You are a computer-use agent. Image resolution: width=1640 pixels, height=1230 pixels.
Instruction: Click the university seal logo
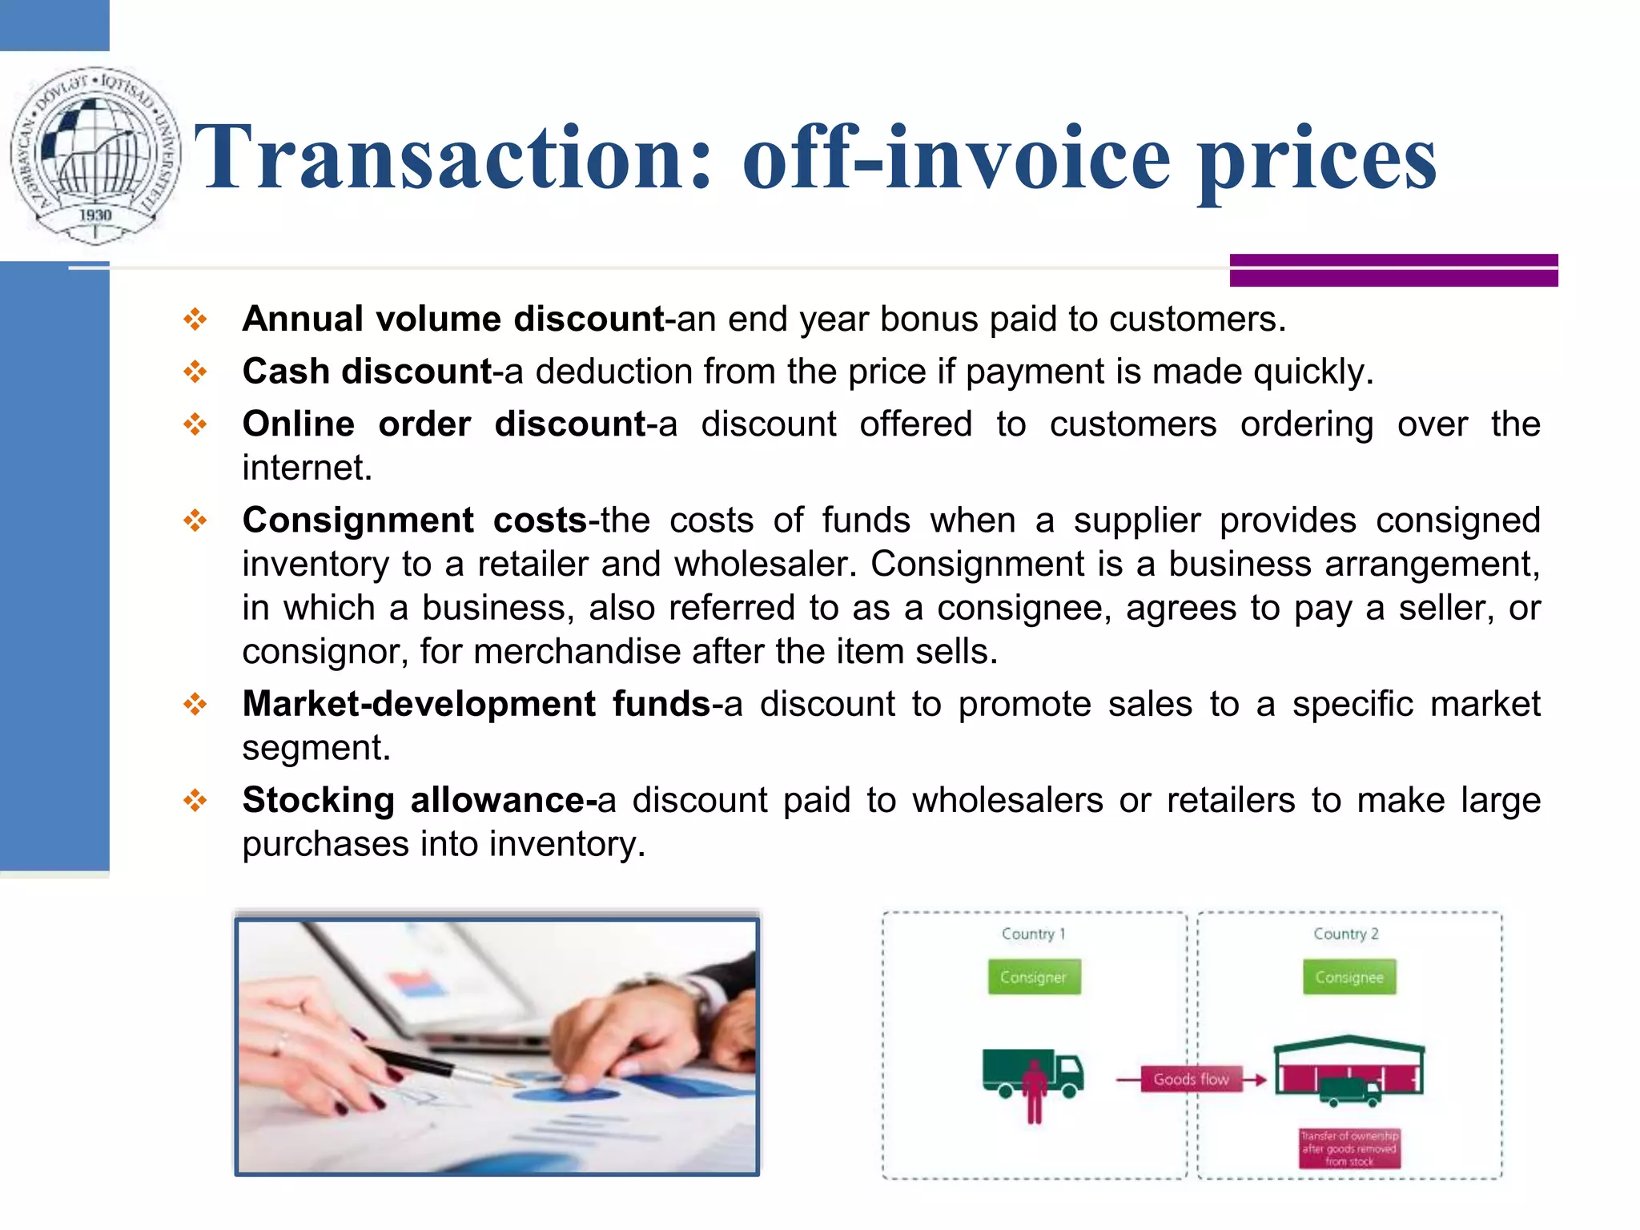click(95, 155)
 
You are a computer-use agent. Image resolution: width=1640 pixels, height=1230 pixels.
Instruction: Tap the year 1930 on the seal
click(95, 215)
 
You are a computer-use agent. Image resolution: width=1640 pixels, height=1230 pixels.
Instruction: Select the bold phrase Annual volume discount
click(453, 320)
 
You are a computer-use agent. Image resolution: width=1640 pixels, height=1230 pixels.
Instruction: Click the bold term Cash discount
click(368, 372)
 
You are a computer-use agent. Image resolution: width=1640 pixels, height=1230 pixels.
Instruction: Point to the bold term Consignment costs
click(415, 521)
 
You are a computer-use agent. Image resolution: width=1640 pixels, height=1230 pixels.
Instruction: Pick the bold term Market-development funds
click(476, 705)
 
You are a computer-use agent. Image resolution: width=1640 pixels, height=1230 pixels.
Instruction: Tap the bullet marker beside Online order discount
click(195, 424)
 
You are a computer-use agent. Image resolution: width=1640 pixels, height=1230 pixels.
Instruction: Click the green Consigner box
click(1034, 977)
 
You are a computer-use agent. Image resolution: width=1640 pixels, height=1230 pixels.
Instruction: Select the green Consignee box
click(1349, 977)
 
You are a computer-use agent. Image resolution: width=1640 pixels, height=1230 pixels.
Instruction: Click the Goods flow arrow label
click(1191, 1079)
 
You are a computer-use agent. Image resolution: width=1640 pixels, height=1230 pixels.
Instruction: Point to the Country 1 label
click(1033, 934)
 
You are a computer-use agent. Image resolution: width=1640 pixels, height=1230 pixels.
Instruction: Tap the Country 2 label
click(1346, 934)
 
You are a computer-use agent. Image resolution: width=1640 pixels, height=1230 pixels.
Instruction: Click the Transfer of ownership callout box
click(1349, 1148)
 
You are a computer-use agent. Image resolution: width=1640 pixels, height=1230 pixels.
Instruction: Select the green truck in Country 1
click(1033, 1073)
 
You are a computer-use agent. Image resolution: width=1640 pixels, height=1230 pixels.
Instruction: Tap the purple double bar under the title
click(1393, 270)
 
